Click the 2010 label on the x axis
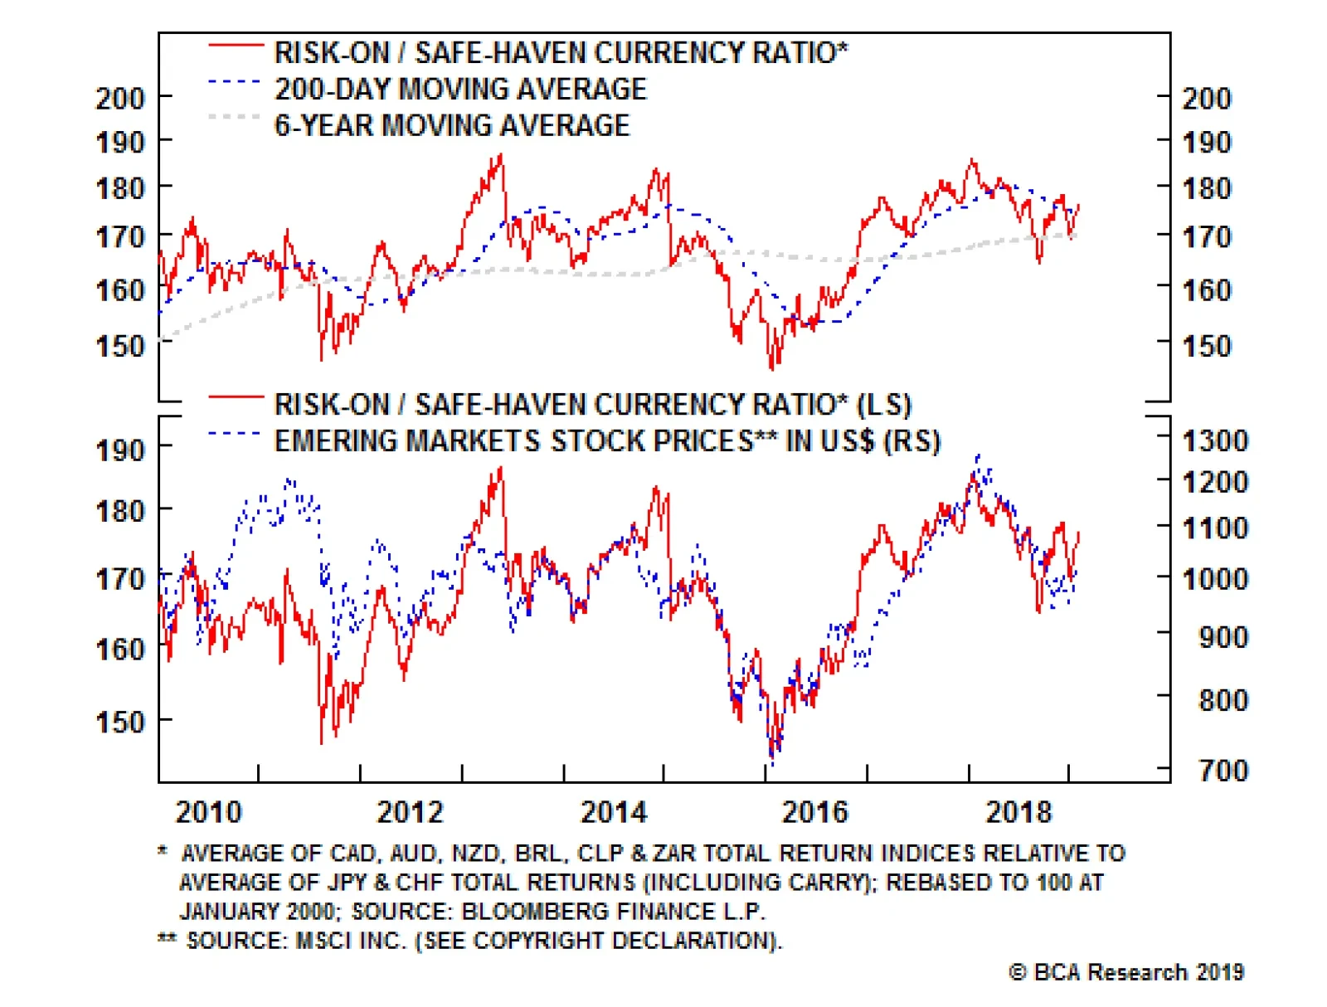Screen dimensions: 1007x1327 [x=208, y=811]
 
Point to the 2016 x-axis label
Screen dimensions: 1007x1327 [x=815, y=811]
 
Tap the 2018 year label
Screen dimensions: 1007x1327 [x=1018, y=811]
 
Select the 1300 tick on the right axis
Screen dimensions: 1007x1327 [x=1215, y=440]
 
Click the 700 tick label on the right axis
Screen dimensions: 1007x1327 [x=1223, y=771]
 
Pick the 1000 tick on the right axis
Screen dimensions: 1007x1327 [x=1215, y=578]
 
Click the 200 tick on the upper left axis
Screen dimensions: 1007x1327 [x=121, y=99]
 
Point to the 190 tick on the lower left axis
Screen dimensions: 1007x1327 [x=121, y=450]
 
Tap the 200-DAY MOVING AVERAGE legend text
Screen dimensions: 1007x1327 [x=460, y=89]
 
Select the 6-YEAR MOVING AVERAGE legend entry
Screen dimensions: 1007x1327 [x=452, y=125]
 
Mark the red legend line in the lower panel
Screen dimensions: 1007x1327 [x=236, y=397]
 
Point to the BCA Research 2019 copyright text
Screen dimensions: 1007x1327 [x=1126, y=972]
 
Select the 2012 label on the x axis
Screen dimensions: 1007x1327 [x=411, y=811]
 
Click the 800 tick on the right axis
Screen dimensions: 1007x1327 [x=1223, y=700]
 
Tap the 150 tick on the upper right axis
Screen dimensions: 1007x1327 [x=1207, y=346]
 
